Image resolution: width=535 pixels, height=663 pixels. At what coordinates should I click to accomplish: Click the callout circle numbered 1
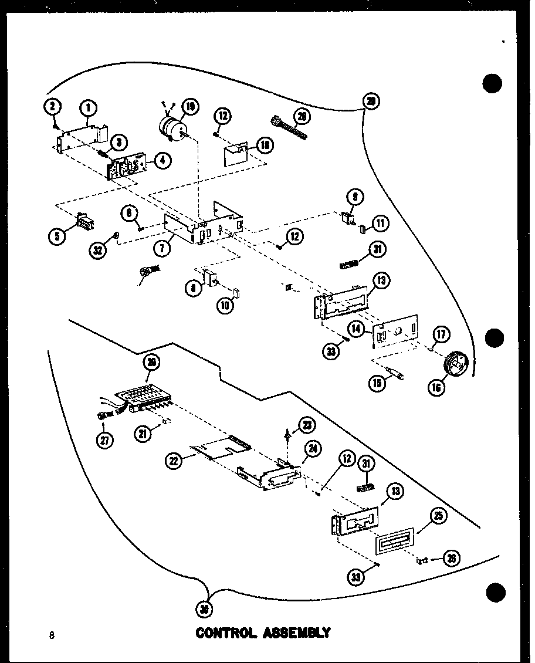tap(89, 108)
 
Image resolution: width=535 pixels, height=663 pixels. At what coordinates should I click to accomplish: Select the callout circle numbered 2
tap(52, 106)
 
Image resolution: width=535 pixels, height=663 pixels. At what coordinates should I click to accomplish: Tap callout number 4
tap(162, 160)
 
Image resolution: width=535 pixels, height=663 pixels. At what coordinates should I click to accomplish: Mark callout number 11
tap(381, 223)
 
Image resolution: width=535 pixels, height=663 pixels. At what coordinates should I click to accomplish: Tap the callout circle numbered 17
tap(441, 334)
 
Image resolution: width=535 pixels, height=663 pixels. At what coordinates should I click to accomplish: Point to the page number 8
tap(52, 635)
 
